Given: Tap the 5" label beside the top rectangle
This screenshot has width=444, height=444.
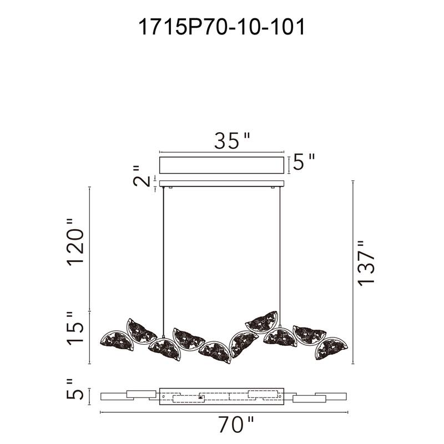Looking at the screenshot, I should [304, 163].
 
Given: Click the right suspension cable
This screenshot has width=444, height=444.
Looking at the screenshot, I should [281, 255].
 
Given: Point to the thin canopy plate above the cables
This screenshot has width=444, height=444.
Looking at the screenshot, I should [222, 184].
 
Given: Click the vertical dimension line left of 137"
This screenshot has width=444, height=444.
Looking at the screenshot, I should [354, 272].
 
